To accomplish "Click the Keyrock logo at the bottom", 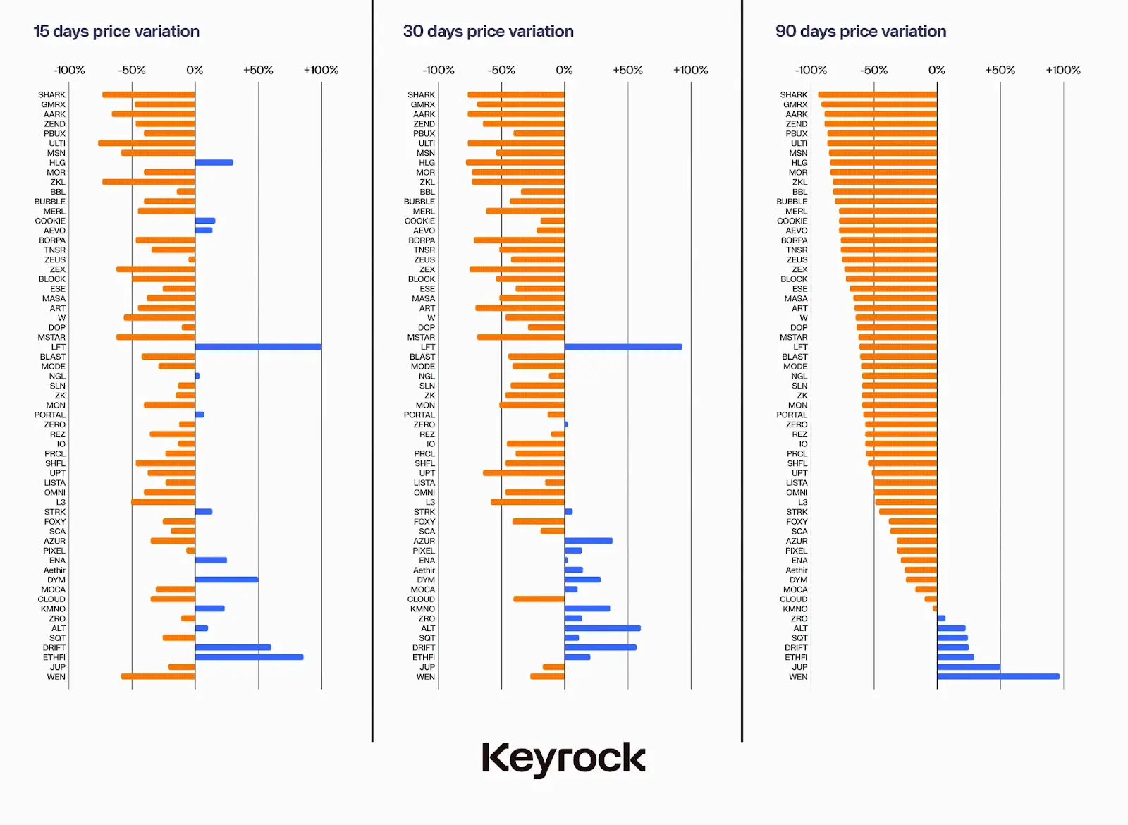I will (x=563, y=759).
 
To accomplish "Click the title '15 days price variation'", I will (x=116, y=32).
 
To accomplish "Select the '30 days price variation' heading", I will (x=488, y=32).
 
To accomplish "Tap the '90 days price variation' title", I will (x=860, y=32).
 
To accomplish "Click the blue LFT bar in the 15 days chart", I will (x=258, y=347).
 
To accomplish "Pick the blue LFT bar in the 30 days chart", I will (x=623, y=347).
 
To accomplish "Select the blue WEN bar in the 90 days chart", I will (x=998, y=677).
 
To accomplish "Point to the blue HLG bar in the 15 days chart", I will (x=214, y=163).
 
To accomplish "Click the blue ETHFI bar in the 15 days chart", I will (x=249, y=657).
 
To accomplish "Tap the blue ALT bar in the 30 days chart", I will (x=602, y=628).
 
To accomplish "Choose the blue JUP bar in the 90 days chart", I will (x=968, y=667).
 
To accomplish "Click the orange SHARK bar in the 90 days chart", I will (x=877, y=94).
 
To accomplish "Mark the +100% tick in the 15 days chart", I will (x=321, y=70).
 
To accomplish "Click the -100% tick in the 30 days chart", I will (x=439, y=70).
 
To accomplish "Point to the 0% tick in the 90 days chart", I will (x=936, y=70).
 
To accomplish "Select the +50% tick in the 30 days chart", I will (x=627, y=70).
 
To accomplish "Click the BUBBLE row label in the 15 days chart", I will (x=49, y=202).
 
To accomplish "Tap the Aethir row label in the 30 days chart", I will (x=424, y=570).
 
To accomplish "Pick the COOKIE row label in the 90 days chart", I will (x=792, y=221).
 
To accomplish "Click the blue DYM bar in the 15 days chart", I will (x=226, y=580).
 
